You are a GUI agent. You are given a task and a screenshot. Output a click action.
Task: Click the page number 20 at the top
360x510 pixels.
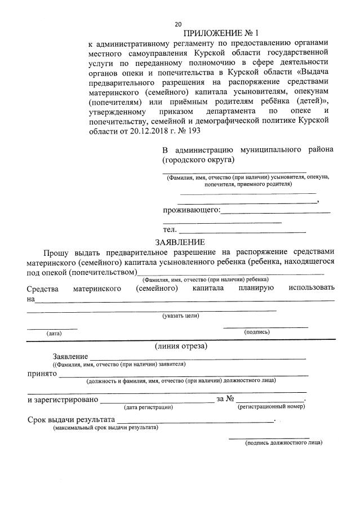(178, 24)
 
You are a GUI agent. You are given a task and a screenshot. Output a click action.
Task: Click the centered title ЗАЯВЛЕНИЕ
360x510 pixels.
(180, 241)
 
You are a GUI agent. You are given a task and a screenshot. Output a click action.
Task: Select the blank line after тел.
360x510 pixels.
(242, 231)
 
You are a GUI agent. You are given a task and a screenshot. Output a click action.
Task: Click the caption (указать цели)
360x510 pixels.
(180, 316)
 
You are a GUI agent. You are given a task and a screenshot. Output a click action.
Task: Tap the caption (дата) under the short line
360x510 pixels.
(54, 334)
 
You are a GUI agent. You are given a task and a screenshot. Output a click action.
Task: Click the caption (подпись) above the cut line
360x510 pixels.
(256, 332)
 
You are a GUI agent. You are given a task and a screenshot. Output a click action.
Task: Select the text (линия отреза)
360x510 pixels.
(181, 345)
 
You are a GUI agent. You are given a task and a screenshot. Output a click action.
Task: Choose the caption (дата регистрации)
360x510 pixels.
(148, 406)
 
